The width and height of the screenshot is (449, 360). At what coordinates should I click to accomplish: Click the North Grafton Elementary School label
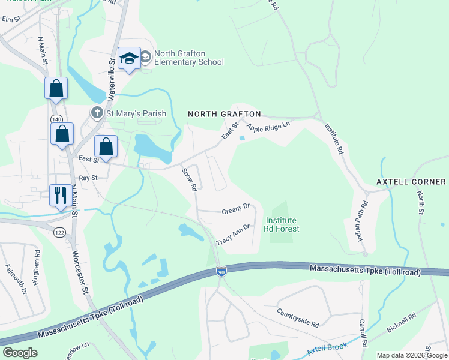[x=188, y=58]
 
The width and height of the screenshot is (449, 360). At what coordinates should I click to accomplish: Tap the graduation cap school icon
[x=129, y=58]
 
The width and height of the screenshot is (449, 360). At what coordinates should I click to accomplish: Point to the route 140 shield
[x=56, y=119]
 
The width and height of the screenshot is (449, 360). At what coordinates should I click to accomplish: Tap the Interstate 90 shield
[x=221, y=272]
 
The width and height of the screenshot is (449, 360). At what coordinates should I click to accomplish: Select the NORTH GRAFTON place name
[x=224, y=114]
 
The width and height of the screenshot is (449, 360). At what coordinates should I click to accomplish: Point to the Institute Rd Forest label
[x=282, y=224]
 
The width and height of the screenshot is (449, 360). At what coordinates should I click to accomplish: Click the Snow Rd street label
[x=190, y=179]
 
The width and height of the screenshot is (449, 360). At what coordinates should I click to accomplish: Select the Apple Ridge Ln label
[x=268, y=127]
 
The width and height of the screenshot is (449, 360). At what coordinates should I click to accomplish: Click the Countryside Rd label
[x=298, y=318]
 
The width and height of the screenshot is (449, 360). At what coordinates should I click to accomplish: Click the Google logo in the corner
[x=20, y=353]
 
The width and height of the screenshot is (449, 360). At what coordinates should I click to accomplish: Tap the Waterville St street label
[x=111, y=79]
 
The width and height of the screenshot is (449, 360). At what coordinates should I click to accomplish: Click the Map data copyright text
[x=411, y=355]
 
